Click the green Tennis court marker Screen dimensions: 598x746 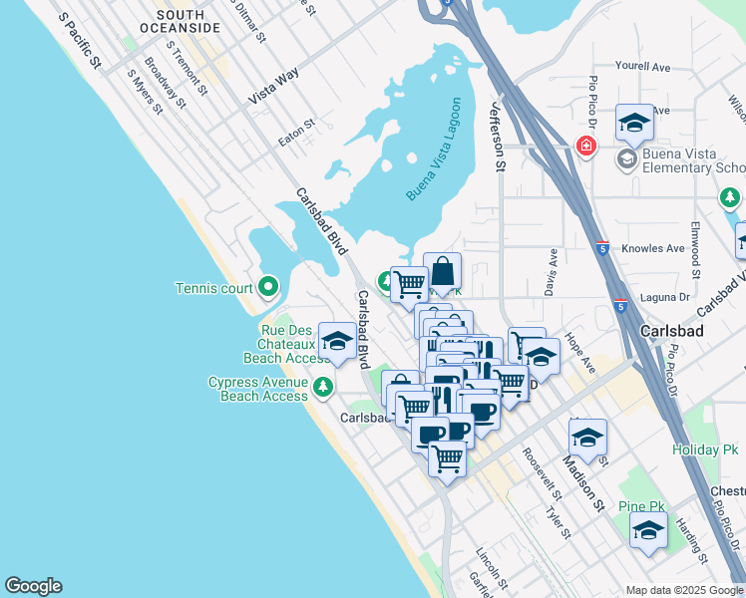(x=267, y=288)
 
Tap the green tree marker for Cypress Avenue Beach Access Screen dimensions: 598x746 (x=322, y=386)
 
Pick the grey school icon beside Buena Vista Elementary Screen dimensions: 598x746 (x=627, y=159)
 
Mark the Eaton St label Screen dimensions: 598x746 (x=296, y=133)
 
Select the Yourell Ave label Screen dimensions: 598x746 (x=642, y=67)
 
